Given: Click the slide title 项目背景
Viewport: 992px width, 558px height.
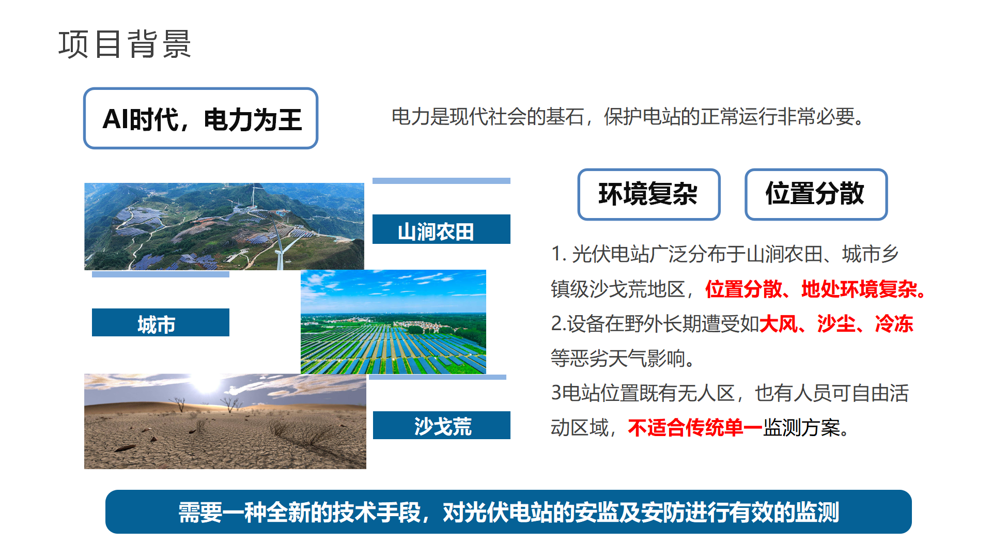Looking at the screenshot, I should coord(125,44).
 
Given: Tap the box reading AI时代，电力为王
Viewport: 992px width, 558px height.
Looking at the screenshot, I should coord(200,118).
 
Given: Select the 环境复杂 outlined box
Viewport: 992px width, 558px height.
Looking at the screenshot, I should coord(648,194).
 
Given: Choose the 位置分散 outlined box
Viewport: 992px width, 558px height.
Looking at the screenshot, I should coord(816,194).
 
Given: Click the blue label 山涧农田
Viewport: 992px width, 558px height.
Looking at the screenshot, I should coord(441,229).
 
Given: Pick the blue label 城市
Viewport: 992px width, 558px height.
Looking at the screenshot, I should coord(160,322).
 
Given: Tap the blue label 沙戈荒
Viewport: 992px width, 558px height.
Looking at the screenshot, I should coord(441,425).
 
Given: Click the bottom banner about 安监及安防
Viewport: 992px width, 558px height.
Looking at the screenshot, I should coord(508,512).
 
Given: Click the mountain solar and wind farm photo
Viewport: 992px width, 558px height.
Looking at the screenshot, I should coord(224,226).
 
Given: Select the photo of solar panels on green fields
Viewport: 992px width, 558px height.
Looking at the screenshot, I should coord(393,322).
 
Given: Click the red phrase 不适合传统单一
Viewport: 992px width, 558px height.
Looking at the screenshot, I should coord(695,428).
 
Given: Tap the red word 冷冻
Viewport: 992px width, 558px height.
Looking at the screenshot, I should coord(894,324).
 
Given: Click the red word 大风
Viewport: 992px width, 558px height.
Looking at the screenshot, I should coord(778,324).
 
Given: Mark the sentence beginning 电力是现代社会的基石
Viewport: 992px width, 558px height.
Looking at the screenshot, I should coord(627,117).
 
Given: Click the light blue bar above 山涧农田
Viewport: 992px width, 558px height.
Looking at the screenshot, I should coord(441,181).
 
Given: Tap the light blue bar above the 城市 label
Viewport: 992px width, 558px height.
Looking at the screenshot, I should coord(160,275).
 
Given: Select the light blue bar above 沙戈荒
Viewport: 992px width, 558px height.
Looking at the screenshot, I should coord(437,377).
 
